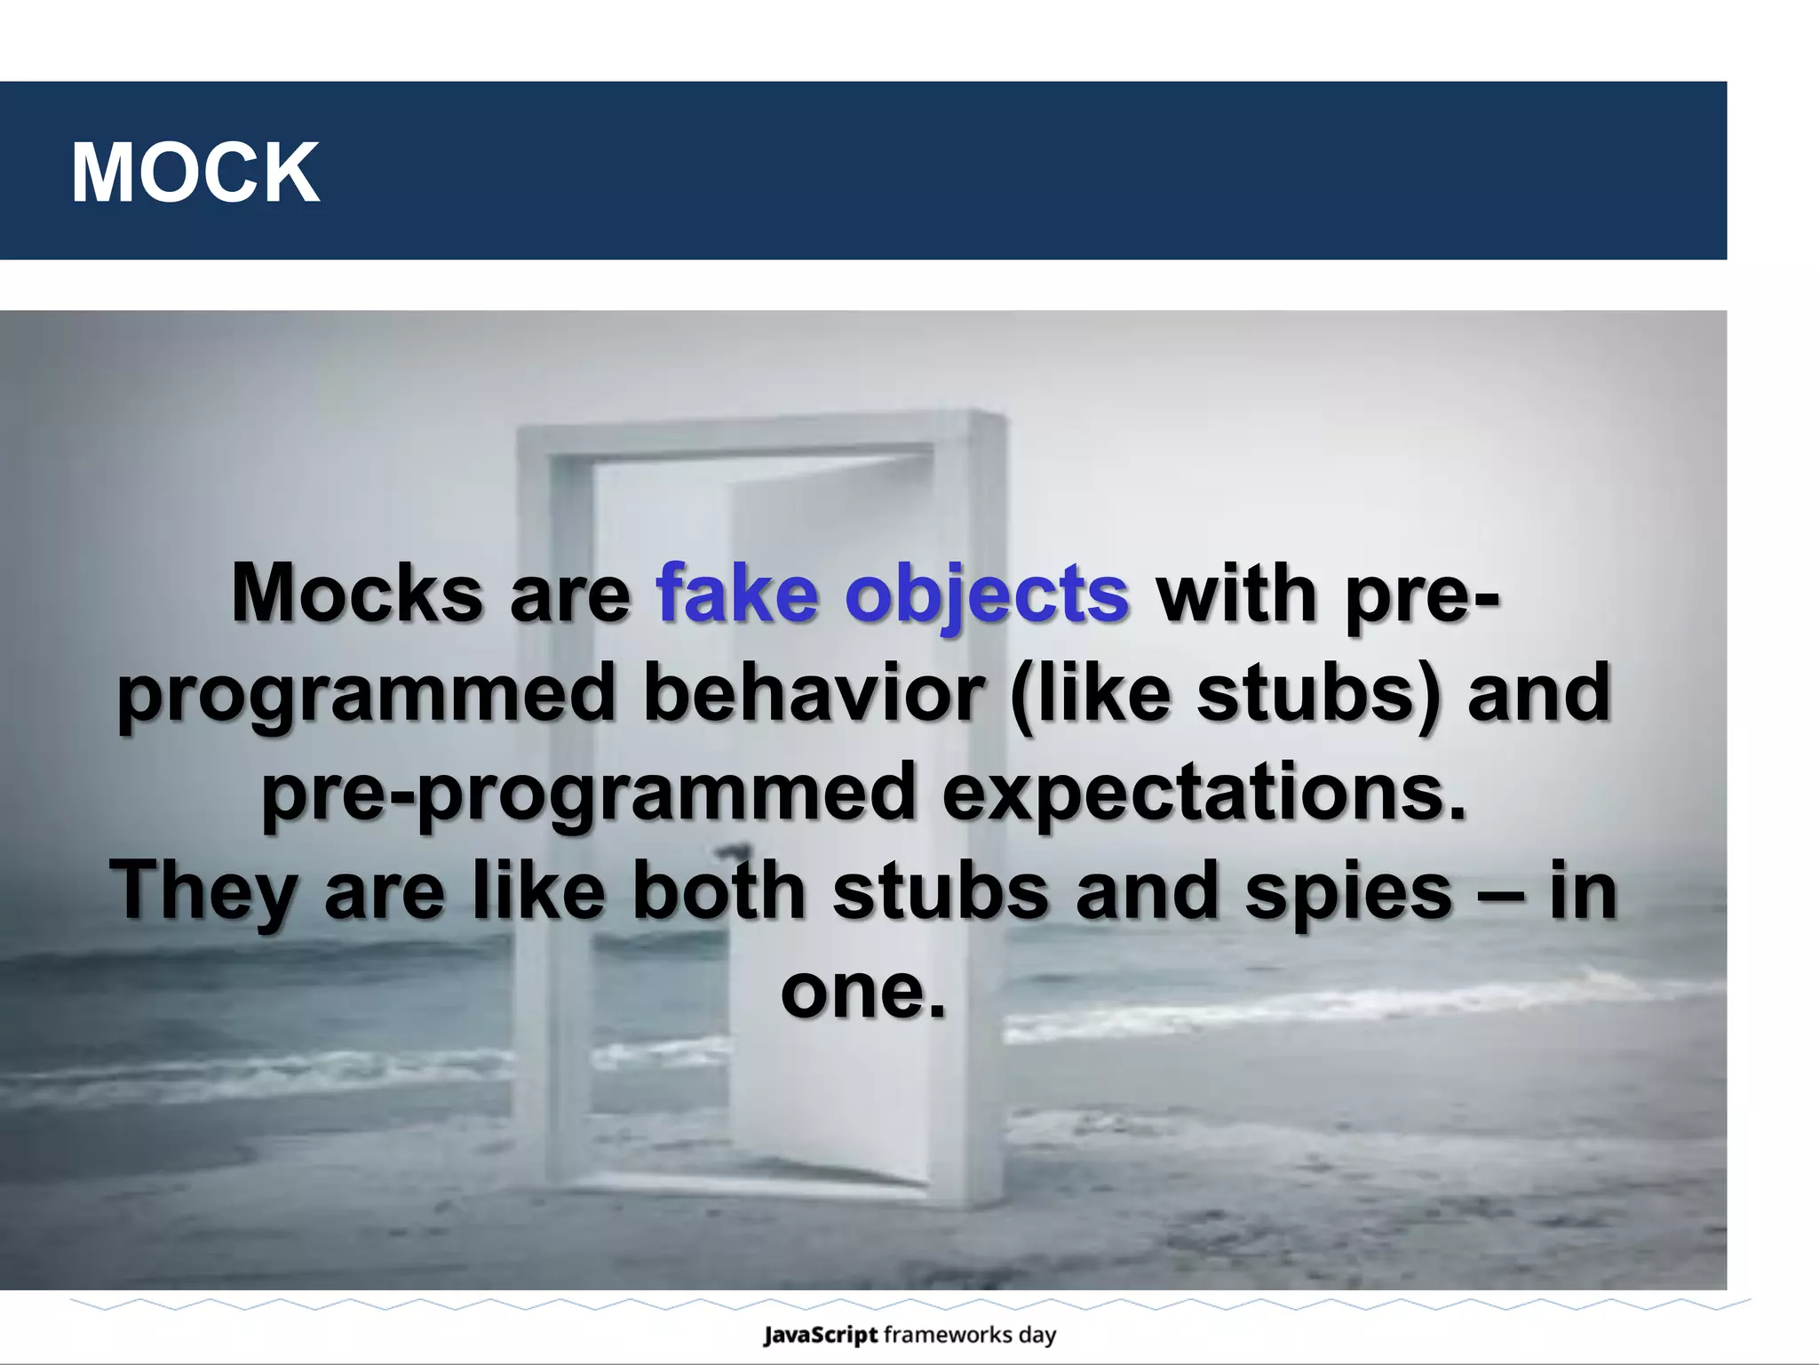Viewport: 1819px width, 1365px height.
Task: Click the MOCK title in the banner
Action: tap(195, 173)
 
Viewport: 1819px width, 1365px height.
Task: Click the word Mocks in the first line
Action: tap(356, 594)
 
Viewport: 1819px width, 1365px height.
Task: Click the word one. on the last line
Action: tap(862, 990)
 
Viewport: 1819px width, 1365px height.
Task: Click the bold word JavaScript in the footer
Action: tap(820, 1334)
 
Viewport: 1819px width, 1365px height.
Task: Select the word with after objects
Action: tap(1236, 594)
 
